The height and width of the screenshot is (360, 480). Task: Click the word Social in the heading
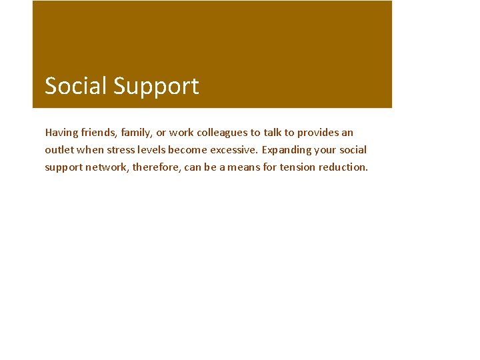coord(76,86)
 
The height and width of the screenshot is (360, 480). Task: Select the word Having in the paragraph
coord(61,133)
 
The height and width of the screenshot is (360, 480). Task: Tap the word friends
coord(99,133)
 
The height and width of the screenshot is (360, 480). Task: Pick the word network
coord(107,167)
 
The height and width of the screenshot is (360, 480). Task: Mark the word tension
coord(297,167)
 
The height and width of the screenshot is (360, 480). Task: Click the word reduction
coord(343,167)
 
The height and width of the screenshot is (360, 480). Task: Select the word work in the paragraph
coord(181,133)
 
